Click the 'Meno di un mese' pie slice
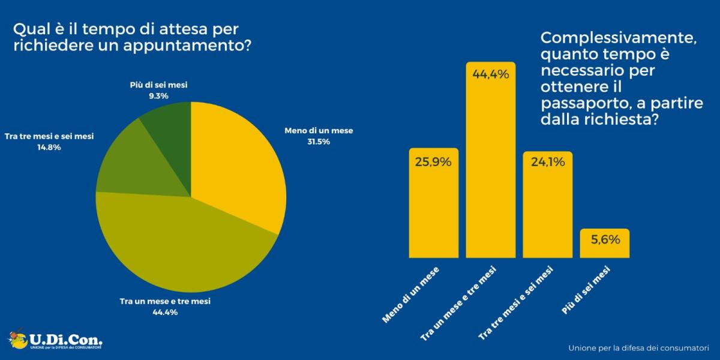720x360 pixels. pyautogui.click(x=237, y=162)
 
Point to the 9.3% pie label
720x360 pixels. pyautogui.click(x=158, y=96)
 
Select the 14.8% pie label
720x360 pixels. pyautogui.click(x=49, y=147)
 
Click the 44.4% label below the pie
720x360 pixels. pyautogui.click(x=166, y=312)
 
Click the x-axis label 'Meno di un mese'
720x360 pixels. pyautogui.click(x=411, y=294)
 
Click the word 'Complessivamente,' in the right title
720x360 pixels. pyautogui.click(x=618, y=38)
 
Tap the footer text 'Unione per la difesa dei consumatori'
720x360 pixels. pyautogui.click(x=638, y=347)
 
